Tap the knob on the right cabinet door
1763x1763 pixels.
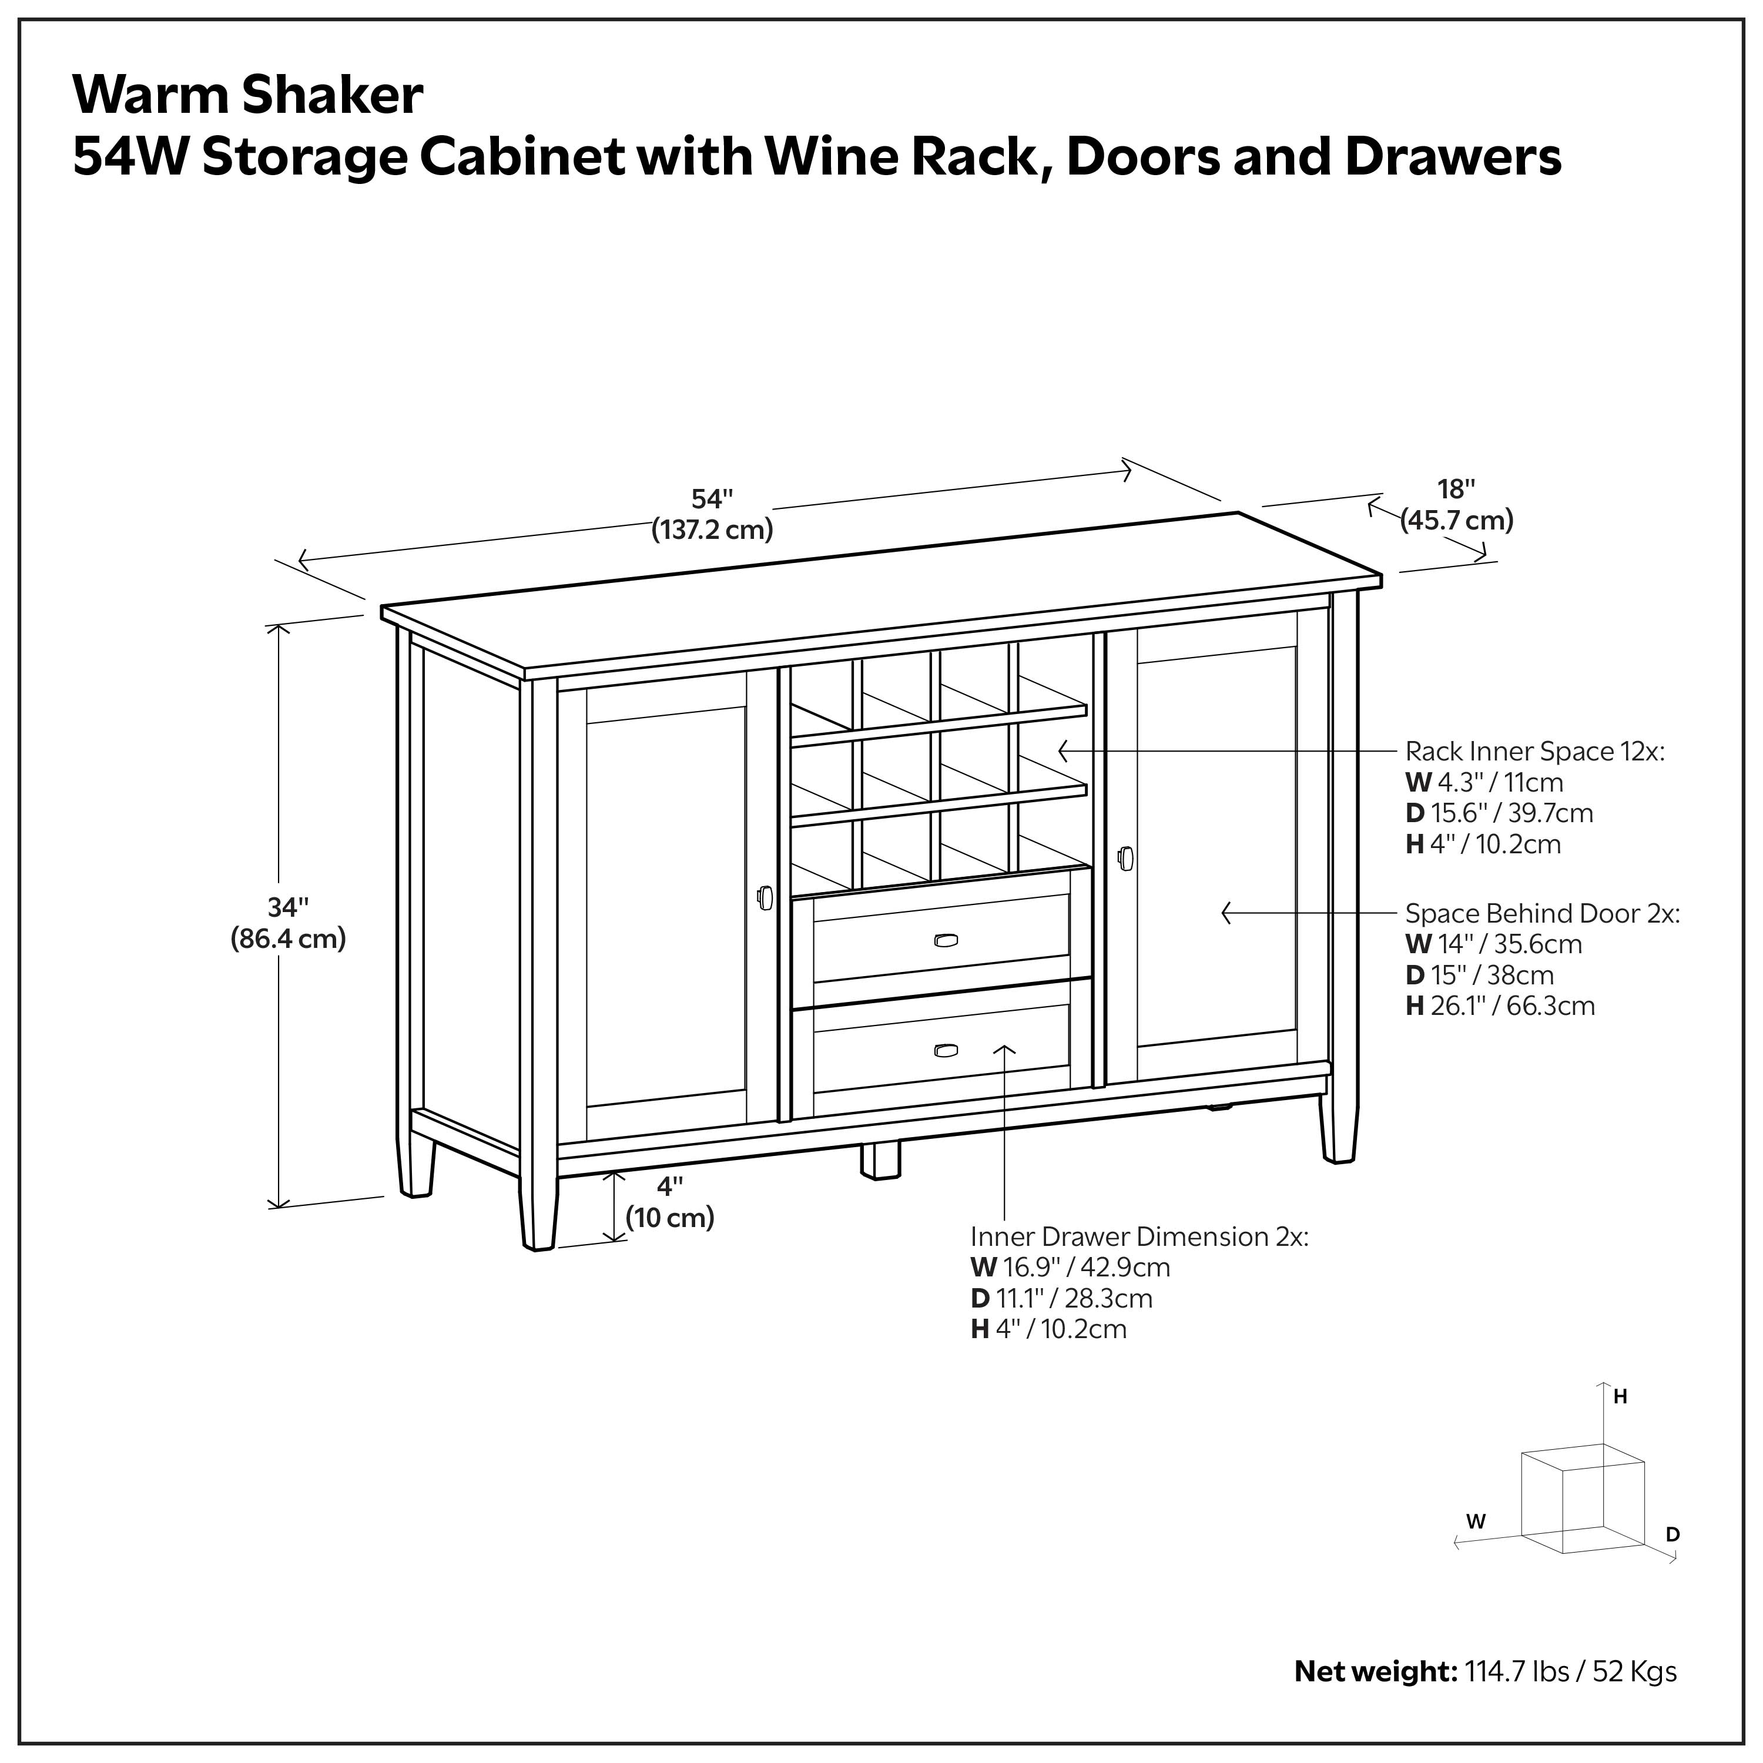point(1125,859)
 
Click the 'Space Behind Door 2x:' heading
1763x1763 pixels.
point(1542,913)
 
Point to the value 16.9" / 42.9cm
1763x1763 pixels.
point(1086,1268)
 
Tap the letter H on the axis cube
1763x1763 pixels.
point(1621,1397)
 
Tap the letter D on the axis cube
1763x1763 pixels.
point(1672,1535)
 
